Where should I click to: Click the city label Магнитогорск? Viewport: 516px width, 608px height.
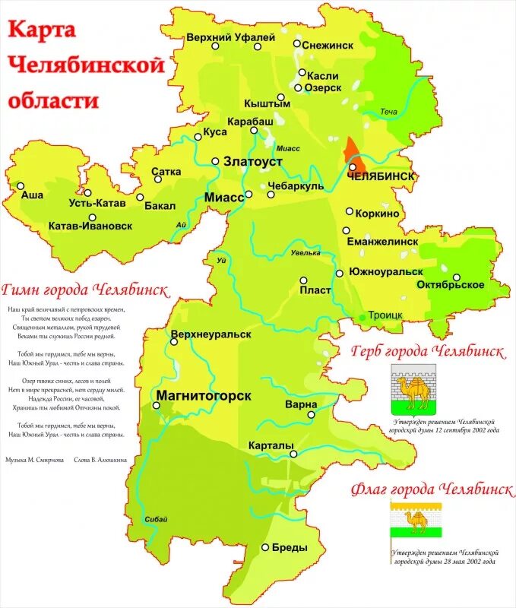pyautogui.click(x=203, y=395)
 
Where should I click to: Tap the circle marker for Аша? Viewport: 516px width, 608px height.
pyautogui.click(x=21, y=185)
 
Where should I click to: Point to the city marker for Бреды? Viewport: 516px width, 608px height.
pyautogui.click(x=264, y=547)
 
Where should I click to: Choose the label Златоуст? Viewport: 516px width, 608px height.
pyautogui.click(x=252, y=163)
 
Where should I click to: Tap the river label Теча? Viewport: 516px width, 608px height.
pyautogui.click(x=389, y=112)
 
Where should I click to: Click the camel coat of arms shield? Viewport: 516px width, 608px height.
pyautogui.click(x=413, y=388)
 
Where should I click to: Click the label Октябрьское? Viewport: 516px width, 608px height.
pyautogui.click(x=451, y=285)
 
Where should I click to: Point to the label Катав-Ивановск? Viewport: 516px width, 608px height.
pyautogui.click(x=90, y=226)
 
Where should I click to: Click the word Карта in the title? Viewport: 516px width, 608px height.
pyautogui.click(x=42, y=30)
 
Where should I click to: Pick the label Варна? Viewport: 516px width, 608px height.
pyautogui.click(x=302, y=404)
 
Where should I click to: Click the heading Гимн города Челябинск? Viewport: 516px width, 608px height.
pyautogui.click(x=85, y=289)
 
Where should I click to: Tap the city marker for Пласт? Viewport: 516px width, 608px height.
pyautogui.click(x=303, y=280)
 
